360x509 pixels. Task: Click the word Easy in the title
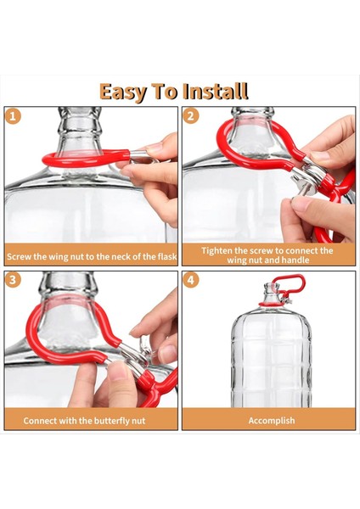(126, 91)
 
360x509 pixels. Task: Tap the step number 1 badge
(13, 116)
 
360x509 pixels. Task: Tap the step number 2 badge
(191, 116)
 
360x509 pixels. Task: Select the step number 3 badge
(13, 280)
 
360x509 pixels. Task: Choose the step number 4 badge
(191, 280)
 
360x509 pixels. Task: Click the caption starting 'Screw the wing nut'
(91, 255)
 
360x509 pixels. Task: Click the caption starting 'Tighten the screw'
(267, 255)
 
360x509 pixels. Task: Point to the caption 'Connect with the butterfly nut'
(91, 420)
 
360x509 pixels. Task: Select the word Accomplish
(272, 420)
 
